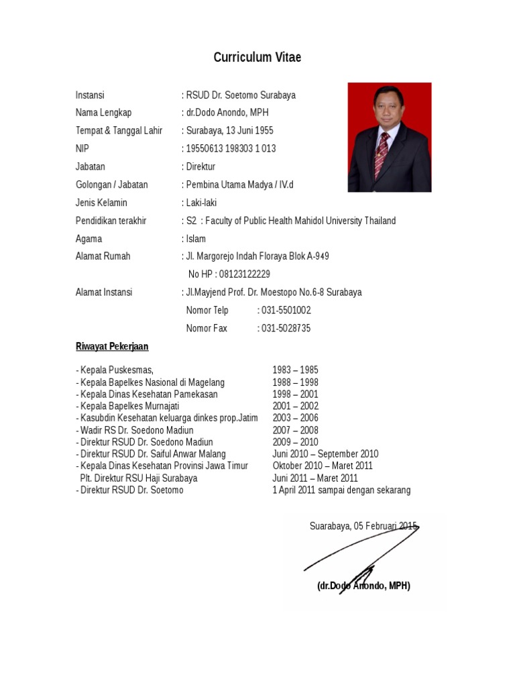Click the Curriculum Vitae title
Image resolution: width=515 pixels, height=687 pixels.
[x=257, y=58]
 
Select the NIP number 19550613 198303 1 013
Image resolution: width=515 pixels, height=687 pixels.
[x=231, y=148]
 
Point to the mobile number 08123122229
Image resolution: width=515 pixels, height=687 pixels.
[x=244, y=274]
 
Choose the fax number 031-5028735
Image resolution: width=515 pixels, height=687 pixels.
[x=286, y=329]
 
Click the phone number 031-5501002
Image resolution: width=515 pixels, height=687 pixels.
[x=286, y=311]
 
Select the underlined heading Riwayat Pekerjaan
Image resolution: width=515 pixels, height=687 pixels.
[x=112, y=347]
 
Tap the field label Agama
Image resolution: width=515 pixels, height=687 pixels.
[x=89, y=239]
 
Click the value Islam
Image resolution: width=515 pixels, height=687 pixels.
[x=196, y=239]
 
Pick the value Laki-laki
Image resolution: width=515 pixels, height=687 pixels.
[x=201, y=203]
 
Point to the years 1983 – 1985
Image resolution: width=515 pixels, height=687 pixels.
[x=295, y=370]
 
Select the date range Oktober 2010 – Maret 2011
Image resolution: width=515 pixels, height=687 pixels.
[x=323, y=466]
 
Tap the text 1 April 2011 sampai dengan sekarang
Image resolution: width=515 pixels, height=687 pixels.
[x=341, y=490]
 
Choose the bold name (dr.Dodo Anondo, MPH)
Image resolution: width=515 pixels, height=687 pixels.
[x=363, y=586]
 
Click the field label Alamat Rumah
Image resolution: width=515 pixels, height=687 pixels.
[x=103, y=256]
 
